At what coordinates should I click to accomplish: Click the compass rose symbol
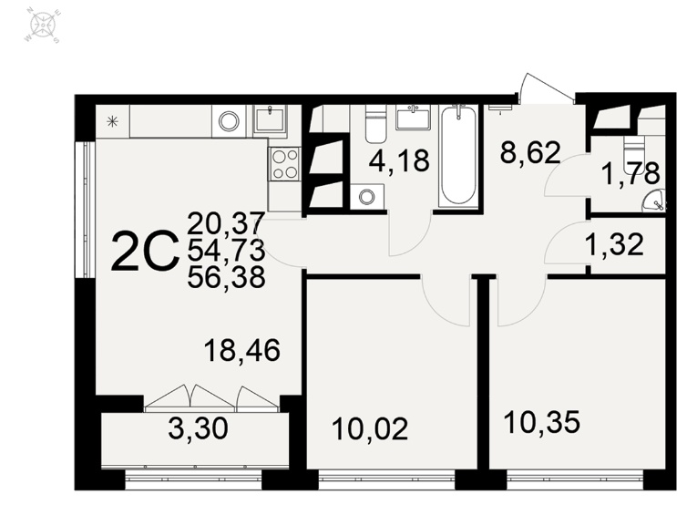pyautogui.click(x=43, y=26)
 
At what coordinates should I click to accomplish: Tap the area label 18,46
pyautogui.click(x=241, y=351)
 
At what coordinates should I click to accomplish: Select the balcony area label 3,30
pyautogui.click(x=199, y=429)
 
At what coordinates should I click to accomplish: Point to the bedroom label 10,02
pyautogui.click(x=370, y=430)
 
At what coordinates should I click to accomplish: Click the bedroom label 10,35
pyautogui.click(x=542, y=422)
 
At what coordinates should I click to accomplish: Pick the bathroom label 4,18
pyautogui.click(x=399, y=160)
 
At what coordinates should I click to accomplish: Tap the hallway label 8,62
pyautogui.click(x=530, y=152)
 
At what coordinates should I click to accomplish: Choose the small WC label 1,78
pyautogui.click(x=630, y=173)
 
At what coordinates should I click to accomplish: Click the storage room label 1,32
pyautogui.click(x=616, y=244)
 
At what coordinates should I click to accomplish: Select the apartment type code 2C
pyautogui.click(x=145, y=251)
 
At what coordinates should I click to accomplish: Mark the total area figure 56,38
pyautogui.click(x=226, y=278)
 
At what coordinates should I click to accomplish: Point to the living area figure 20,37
pyautogui.click(x=226, y=223)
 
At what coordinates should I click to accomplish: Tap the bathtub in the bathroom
pyautogui.click(x=458, y=157)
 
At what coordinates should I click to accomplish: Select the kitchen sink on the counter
pyautogui.click(x=270, y=119)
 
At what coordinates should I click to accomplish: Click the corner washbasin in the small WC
pyautogui.click(x=655, y=200)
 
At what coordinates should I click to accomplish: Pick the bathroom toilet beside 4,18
pyautogui.click(x=375, y=123)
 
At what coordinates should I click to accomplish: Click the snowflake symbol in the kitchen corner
pyautogui.click(x=113, y=120)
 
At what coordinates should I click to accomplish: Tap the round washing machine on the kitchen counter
pyautogui.click(x=230, y=121)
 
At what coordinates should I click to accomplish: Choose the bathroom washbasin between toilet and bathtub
pyautogui.click(x=414, y=118)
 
